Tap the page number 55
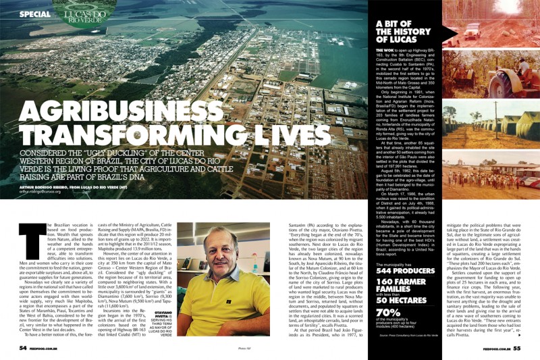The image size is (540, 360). coord(516,348)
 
